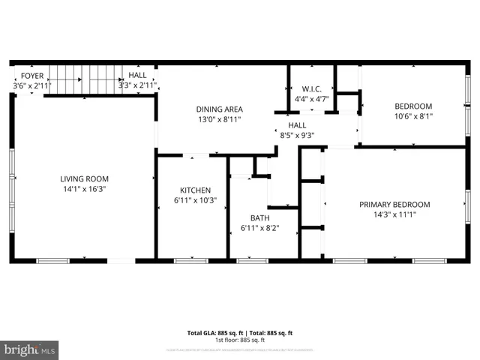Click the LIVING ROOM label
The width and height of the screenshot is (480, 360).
point(85,178)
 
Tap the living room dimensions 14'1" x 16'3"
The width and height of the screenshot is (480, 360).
point(85,189)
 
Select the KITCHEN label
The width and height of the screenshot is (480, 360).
point(195,190)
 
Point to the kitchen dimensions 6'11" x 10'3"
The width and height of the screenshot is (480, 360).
point(195,200)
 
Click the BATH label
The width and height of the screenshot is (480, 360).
point(260,218)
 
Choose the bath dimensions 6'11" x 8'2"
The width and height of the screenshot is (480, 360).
point(260,228)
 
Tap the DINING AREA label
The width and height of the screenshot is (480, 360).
point(219,109)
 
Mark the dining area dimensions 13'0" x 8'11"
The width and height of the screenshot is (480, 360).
point(219,119)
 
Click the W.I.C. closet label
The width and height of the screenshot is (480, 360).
point(312,88)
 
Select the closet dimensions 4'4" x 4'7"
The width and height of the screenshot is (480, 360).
point(312,98)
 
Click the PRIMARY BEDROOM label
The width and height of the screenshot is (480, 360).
point(394,205)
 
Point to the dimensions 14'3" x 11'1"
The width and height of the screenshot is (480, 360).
point(394,214)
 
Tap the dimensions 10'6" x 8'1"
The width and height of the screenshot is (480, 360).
point(413,116)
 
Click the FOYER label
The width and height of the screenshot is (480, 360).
point(31,76)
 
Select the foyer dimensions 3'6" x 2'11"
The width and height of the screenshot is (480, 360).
point(31,85)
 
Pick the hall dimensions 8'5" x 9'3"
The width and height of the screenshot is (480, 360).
point(297,136)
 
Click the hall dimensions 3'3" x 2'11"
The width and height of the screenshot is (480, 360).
point(137,85)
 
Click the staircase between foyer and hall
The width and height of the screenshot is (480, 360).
point(87,80)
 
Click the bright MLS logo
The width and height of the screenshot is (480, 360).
point(30,349)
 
